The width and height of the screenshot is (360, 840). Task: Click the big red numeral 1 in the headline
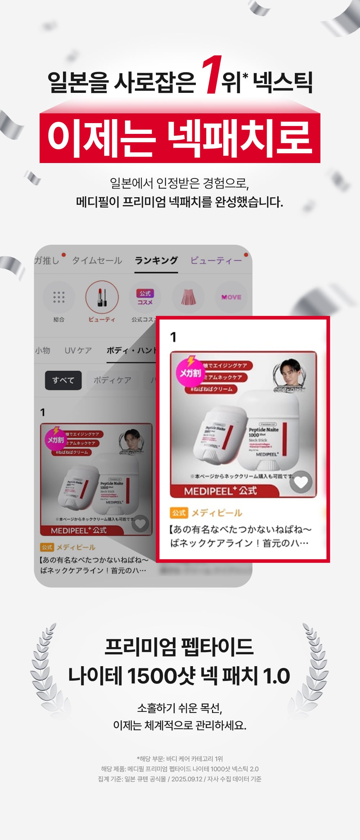pyautogui.click(x=211, y=75)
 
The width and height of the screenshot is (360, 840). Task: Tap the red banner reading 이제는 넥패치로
pyautogui.click(x=180, y=138)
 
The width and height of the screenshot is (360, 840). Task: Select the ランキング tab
pyautogui.click(x=156, y=261)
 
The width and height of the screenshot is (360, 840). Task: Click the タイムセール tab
pyautogui.click(x=97, y=261)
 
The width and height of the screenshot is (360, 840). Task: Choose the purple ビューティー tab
pyautogui.click(x=216, y=261)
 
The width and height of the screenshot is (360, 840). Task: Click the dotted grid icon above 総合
pyautogui.click(x=59, y=297)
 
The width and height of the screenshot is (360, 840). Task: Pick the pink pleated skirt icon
pyautogui.click(x=188, y=297)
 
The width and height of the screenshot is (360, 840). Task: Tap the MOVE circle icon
pyautogui.click(x=231, y=297)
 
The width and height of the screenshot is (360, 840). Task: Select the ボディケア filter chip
pyautogui.click(x=112, y=380)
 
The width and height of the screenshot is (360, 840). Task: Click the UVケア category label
pyautogui.click(x=78, y=351)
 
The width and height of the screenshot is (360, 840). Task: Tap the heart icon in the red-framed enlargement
pyautogui.click(x=301, y=482)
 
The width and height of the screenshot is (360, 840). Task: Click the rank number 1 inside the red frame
pyautogui.click(x=174, y=337)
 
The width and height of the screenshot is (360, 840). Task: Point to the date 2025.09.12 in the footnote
pyautogui.click(x=187, y=779)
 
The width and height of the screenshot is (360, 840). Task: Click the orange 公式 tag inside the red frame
pyautogui.click(x=179, y=513)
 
